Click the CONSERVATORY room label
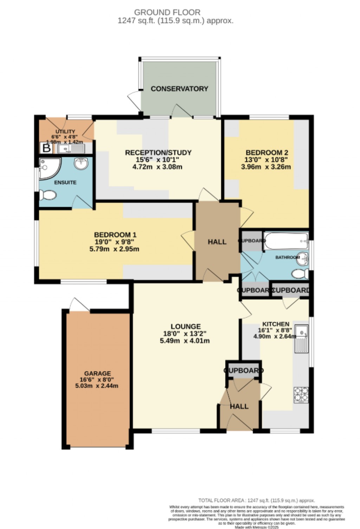pos(179,89)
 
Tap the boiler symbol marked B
pos(46,148)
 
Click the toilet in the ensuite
pos(47,194)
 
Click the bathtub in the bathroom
pos(285,241)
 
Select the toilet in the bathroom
pos(300,273)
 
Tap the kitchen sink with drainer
pos(302,338)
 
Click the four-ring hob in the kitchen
pos(301,394)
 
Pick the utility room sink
pos(71,149)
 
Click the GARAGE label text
pos(97,373)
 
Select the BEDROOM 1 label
pos(115,235)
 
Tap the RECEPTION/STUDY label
pos(158,153)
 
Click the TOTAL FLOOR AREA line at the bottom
pos(257,501)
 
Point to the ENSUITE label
pos(65,182)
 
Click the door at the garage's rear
pos(78,305)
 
